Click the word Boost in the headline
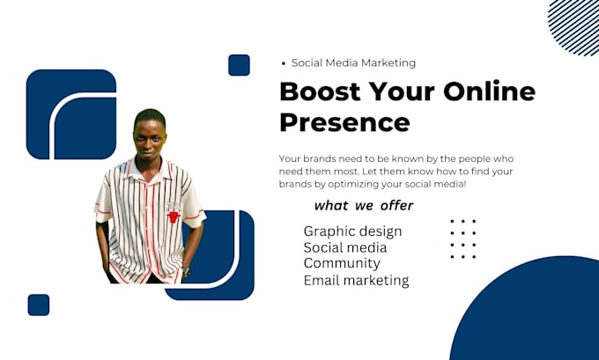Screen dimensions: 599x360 point(320,92)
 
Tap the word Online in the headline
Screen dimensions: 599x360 point(490,91)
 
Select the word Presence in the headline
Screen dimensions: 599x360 point(345,122)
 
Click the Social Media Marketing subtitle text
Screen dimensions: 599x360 point(353,63)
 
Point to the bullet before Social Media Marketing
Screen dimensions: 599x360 point(283,63)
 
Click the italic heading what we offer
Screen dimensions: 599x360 point(364,206)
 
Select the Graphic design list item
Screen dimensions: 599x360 point(352,231)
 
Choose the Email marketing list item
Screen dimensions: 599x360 point(356,281)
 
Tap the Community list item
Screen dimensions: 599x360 point(342,263)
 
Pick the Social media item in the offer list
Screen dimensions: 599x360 point(345,247)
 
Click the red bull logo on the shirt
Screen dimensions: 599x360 point(174,217)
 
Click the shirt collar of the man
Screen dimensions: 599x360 point(149,171)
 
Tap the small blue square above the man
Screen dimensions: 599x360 point(239,65)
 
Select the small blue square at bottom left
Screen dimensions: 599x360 point(39,305)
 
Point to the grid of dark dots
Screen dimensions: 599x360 point(463,239)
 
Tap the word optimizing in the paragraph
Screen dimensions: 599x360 point(351,184)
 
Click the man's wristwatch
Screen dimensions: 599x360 point(186,271)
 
